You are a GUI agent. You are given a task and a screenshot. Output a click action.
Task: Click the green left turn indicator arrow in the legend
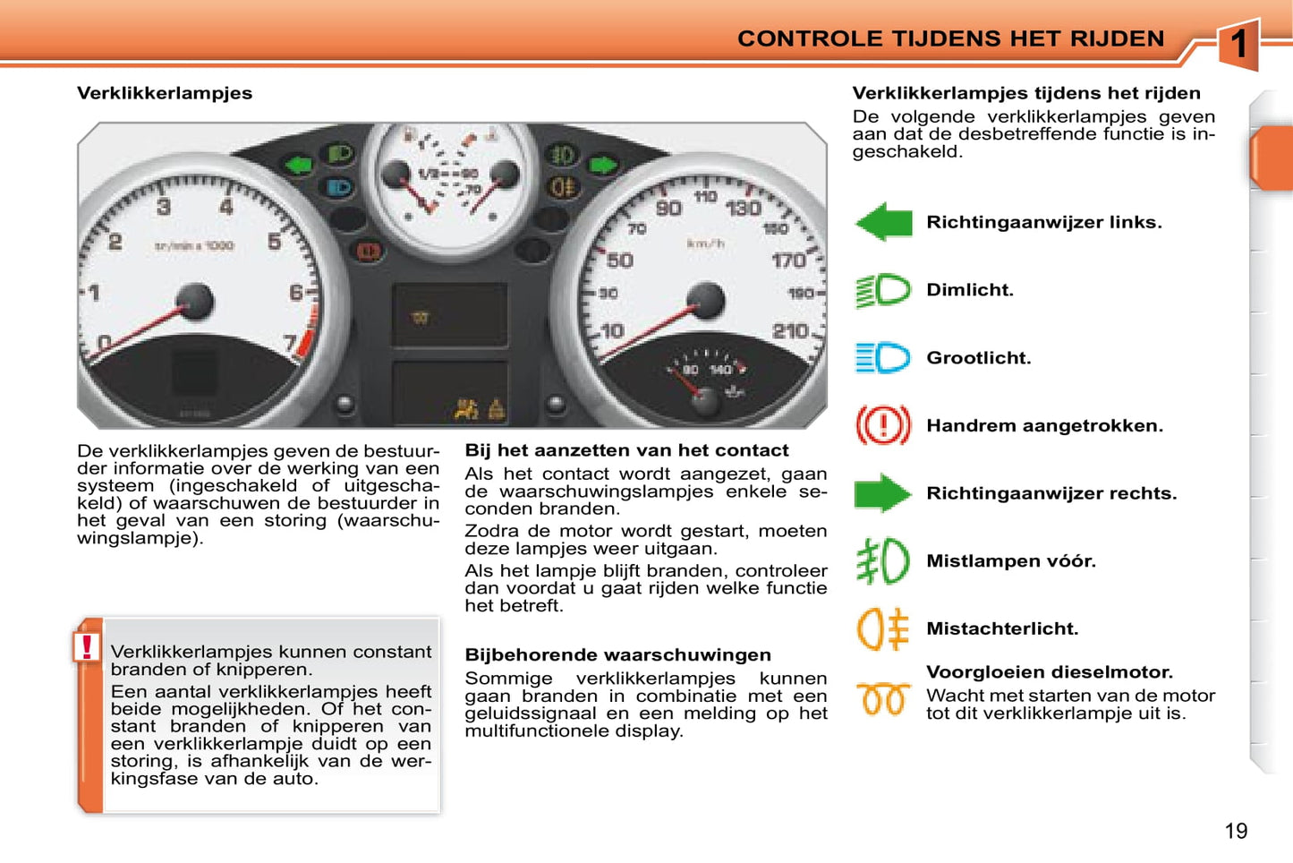pos(884,222)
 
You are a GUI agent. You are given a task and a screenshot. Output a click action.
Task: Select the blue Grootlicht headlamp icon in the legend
pos(883,358)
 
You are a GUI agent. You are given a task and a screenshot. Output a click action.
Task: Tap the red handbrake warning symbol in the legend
pos(883,425)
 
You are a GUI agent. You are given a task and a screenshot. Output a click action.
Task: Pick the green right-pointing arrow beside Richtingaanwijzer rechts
pos(882,493)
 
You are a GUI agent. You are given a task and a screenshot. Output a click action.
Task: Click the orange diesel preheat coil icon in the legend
pos(883,699)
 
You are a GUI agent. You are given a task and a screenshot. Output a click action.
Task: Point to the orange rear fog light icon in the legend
pos(883,628)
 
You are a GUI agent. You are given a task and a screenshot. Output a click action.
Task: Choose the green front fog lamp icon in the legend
pos(883,561)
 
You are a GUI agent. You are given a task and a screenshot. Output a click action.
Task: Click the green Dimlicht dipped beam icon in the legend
pos(883,290)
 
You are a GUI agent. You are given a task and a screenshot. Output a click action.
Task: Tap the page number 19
pos(1236,832)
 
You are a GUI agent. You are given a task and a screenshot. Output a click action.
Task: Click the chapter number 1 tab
pos(1238,44)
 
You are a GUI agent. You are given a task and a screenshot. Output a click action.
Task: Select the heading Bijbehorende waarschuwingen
pos(617,655)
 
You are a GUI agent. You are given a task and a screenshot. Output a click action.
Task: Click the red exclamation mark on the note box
pos(87,646)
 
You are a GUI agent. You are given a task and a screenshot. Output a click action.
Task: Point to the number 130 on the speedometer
pos(743,209)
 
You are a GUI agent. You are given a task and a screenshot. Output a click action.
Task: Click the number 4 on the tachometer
pos(226,207)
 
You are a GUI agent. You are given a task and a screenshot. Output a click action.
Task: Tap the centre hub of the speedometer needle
pos(706,301)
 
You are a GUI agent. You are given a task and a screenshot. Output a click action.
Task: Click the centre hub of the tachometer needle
pos(194,301)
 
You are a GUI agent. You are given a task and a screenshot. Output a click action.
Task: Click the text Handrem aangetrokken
pos(1044,426)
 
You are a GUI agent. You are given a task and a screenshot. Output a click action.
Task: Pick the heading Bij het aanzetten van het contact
pos(626,450)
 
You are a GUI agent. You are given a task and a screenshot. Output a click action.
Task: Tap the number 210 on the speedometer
pos(790,331)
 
